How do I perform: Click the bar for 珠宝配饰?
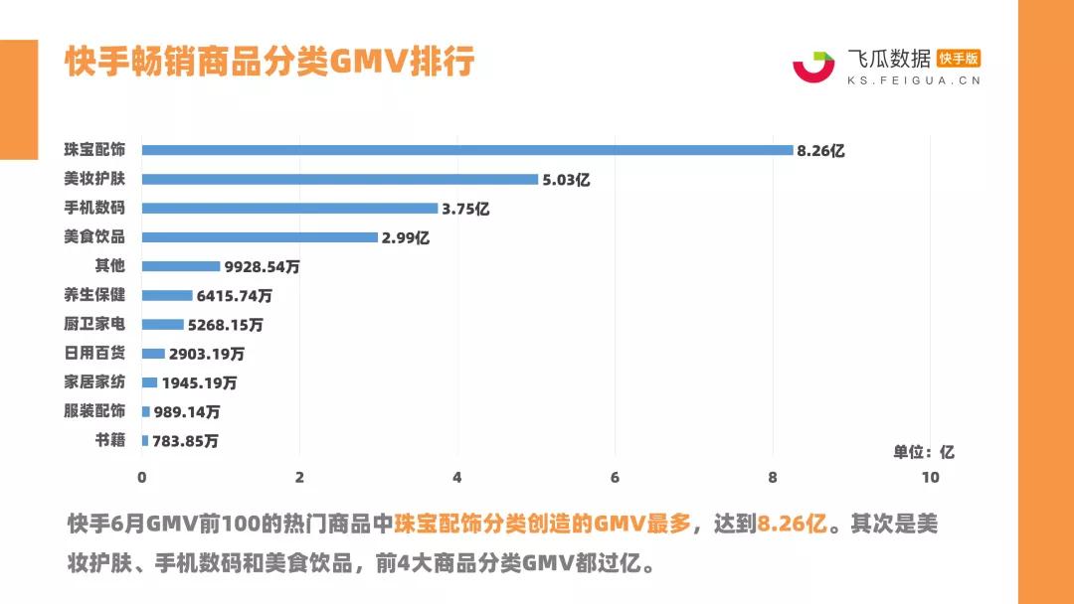pos(467,150)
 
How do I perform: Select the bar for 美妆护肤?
pos(340,179)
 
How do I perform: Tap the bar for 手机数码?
pos(289,209)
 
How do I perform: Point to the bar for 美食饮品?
pos(260,237)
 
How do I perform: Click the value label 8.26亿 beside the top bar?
pos(820,151)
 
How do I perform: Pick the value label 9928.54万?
pos(264,267)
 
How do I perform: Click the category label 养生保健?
pos(94,295)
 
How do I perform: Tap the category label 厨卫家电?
pos(94,324)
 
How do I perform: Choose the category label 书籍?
pos(109,440)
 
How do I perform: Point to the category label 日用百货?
pos(94,353)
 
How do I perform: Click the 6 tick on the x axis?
pos(615,478)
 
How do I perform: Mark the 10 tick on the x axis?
pos(930,478)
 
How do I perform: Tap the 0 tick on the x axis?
pos(142,478)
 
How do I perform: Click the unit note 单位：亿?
pos(923,452)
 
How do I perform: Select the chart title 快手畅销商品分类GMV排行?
pos(269,62)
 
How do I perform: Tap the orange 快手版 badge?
pos(959,59)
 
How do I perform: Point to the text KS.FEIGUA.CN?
pos(913,80)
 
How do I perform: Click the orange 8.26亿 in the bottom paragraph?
pos(792,525)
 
